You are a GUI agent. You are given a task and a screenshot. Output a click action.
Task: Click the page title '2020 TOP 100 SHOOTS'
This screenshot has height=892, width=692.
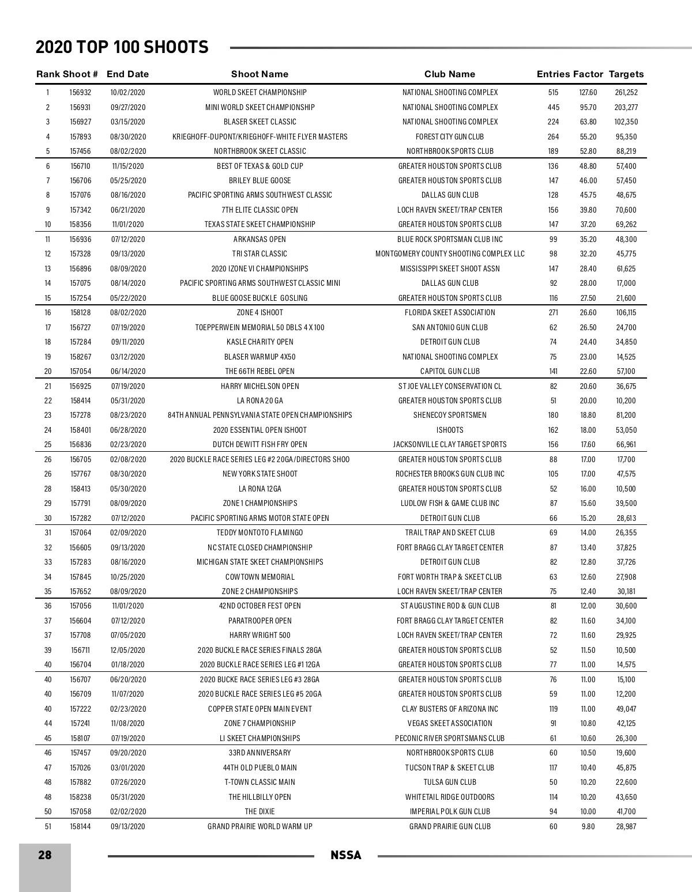(122, 47)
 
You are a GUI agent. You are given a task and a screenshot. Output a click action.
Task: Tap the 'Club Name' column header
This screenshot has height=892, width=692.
(450, 74)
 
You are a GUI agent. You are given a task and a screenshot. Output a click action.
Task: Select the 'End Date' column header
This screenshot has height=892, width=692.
(127, 74)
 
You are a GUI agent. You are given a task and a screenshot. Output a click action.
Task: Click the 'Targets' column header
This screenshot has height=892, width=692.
(626, 74)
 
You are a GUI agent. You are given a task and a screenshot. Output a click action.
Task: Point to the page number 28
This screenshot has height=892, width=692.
(45, 855)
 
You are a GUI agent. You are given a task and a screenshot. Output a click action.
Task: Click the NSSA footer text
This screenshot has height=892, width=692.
(346, 856)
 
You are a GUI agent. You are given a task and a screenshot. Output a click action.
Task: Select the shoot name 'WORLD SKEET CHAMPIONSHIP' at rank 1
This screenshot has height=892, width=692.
(260, 92)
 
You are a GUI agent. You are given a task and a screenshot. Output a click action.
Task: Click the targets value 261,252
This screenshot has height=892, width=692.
(626, 92)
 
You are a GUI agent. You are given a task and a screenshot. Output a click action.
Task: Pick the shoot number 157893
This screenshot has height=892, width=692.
(80, 137)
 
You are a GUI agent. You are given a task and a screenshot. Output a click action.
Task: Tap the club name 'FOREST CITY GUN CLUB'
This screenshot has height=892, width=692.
(450, 137)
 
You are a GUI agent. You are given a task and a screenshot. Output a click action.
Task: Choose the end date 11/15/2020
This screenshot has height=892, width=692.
(127, 166)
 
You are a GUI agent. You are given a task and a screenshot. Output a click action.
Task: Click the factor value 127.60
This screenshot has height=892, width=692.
(588, 92)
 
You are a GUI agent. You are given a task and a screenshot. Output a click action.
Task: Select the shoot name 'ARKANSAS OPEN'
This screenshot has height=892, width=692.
(260, 239)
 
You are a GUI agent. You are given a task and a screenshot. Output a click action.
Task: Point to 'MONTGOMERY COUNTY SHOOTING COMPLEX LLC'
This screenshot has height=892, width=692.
(450, 254)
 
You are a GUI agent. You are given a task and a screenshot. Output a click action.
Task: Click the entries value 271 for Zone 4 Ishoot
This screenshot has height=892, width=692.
(554, 312)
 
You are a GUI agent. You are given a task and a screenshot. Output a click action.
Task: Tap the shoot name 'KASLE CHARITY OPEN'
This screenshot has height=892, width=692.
(260, 342)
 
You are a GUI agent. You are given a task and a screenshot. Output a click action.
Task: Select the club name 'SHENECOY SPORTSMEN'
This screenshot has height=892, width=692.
(450, 415)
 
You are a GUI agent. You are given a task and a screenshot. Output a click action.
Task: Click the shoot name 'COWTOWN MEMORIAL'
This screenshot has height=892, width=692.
(260, 577)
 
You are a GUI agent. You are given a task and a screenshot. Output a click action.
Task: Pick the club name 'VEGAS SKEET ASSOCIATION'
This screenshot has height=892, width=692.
(450, 723)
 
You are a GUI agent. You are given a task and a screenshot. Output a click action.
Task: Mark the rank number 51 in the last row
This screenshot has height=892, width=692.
(48, 826)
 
